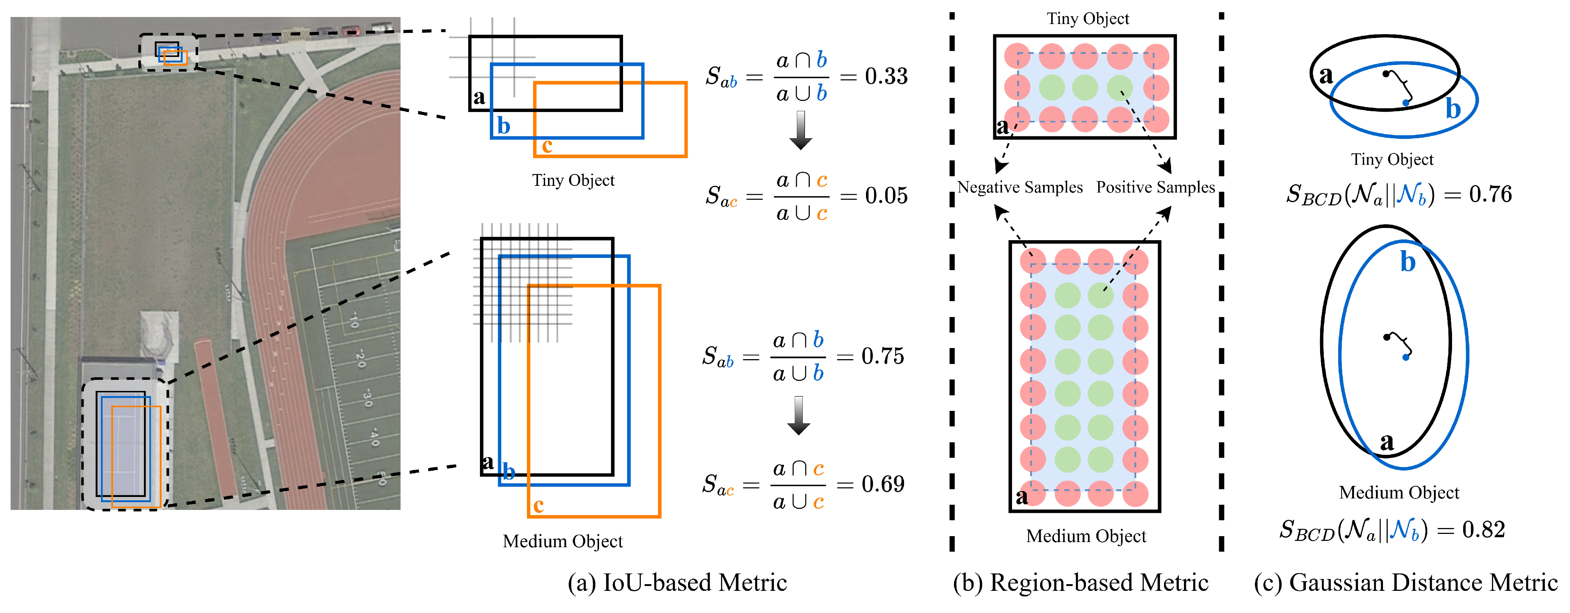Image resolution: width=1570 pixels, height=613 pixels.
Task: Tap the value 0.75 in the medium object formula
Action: point(883,357)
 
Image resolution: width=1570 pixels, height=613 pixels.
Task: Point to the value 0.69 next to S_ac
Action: point(883,484)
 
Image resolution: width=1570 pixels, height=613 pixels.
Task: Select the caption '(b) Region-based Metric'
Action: point(1080,583)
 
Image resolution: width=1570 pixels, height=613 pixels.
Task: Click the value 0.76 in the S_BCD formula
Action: point(1490,194)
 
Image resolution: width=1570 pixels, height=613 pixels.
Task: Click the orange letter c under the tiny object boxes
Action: point(547,146)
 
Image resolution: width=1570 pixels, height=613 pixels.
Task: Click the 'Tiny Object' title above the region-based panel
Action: point(1088,19)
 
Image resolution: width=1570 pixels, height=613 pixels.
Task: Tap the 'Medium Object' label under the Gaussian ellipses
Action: point(1399,492)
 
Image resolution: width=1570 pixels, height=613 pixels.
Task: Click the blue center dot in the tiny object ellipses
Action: point(1405,103)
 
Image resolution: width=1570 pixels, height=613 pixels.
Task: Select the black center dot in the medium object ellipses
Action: point(1387,336)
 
